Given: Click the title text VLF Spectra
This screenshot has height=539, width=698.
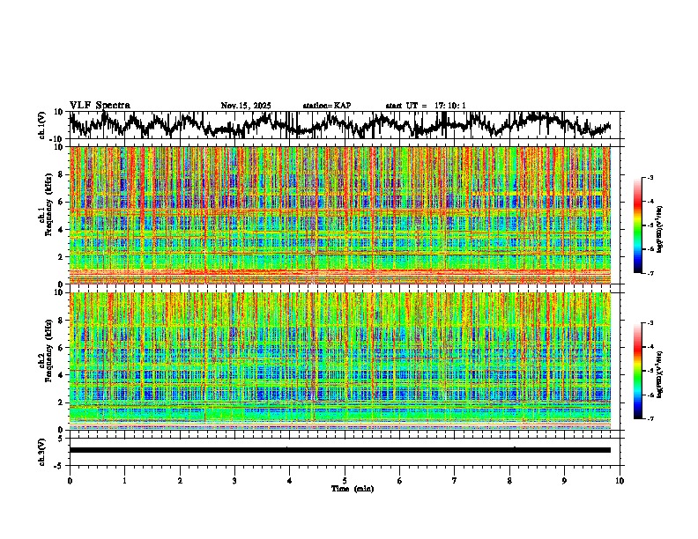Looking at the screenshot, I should (x=100, y=105).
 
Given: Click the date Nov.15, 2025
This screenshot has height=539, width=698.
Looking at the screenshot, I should (x=246, y=106).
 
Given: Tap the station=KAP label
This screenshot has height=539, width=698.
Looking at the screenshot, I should (x=326, y=106).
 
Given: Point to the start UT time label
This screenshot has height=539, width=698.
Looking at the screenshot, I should (x=426, y=106).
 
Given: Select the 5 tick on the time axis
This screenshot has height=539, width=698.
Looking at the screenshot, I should (x=345, y=480).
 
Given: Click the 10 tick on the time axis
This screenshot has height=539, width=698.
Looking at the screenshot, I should (x=620, y=480).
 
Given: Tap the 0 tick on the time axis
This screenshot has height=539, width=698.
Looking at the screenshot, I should (x=70, y=480).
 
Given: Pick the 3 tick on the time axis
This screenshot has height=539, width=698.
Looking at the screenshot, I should (x=234, y=480).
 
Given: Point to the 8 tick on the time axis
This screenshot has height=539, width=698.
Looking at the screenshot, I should (x=509, y=480).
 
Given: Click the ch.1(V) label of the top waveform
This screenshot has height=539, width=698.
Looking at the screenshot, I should (x=42, y=126).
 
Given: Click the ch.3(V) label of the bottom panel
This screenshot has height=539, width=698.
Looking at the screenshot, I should (x=42, y=450).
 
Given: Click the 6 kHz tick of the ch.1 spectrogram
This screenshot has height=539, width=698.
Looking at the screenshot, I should (x=61, y=202).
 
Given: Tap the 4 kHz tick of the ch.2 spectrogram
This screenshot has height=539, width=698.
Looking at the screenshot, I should (x=61, y=375).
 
